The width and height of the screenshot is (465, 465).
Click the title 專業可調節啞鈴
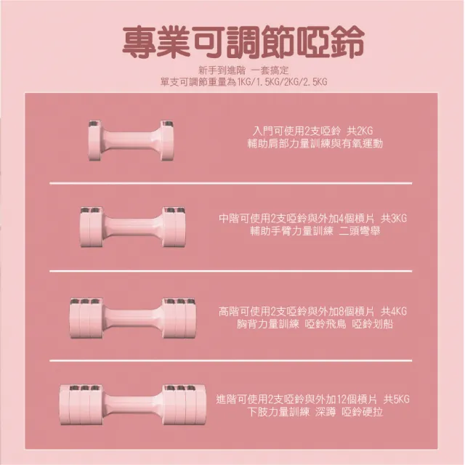243,42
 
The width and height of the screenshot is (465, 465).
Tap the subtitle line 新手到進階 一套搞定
243,70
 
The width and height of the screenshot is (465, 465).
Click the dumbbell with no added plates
131,140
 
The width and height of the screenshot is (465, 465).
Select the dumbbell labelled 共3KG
132,227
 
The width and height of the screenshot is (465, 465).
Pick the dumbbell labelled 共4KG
132,318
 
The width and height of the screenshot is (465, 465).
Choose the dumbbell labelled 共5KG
132,405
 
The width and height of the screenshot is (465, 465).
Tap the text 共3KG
394,218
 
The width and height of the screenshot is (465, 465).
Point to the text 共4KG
394,312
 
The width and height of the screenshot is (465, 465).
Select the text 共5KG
396,399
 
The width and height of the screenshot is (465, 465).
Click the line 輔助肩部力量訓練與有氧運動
315,144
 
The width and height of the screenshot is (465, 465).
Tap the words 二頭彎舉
359,231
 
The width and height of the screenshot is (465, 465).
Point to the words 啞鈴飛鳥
325,324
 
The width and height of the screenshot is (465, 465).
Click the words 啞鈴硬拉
362,412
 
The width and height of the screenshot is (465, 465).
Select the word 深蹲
325,412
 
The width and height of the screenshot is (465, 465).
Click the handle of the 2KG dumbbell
131,141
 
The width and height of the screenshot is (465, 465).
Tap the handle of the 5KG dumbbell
132,405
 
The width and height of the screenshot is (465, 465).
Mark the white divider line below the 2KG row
230,183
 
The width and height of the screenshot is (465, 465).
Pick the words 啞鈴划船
373,324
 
